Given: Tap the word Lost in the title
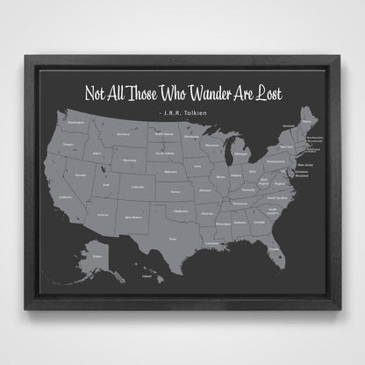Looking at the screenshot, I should [272, 94].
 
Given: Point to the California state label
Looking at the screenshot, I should [65, 197].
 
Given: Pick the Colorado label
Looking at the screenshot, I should [137, 186].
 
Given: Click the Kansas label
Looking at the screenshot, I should [175, 190].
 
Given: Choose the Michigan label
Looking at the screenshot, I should [241, 154].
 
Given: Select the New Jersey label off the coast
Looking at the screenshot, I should [306, 164].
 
